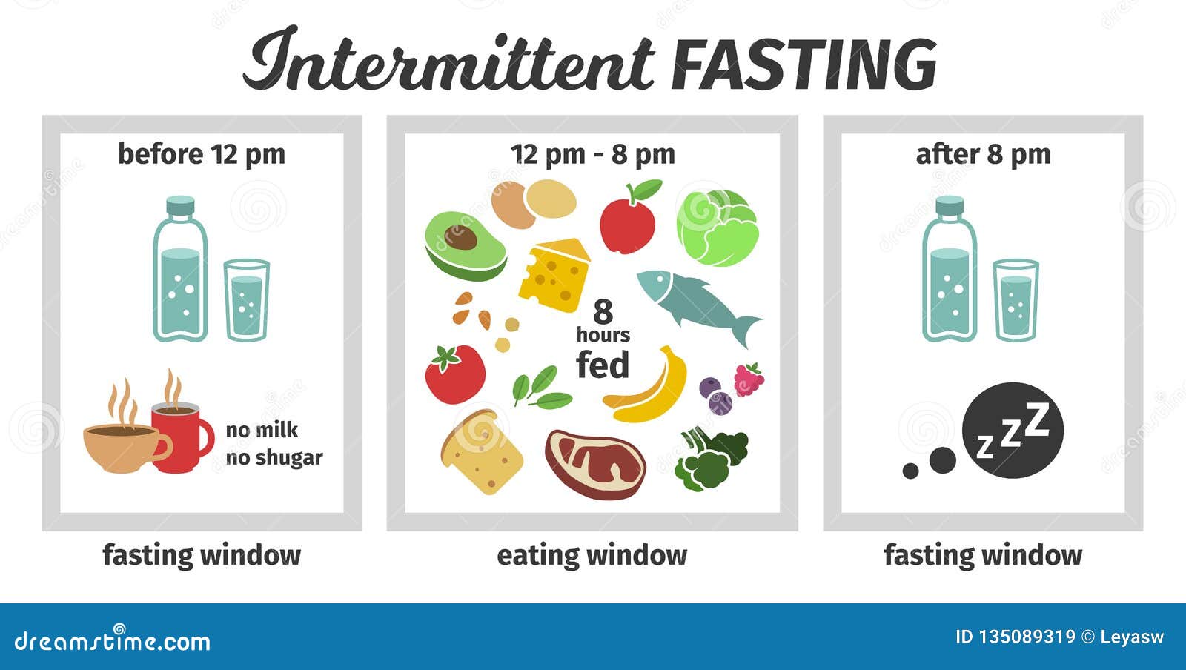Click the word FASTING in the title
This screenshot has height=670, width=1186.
point(804,64)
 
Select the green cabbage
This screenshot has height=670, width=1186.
point(718,228)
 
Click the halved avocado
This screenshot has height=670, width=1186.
point(466,247)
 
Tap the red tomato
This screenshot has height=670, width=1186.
point(455,374)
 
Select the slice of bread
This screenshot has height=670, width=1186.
point(481,453)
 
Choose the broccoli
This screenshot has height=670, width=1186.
point(711,458)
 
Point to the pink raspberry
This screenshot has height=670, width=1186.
point(749,379)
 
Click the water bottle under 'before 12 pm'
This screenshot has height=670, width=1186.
point(180,269)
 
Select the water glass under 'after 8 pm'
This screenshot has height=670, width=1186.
point(1016,300)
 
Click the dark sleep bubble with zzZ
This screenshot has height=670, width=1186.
point(1013,431)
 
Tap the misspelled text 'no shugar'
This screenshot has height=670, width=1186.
point(274,458)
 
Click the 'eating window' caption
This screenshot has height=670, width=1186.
point(592,556)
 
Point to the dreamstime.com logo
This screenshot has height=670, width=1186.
point(112,640)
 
